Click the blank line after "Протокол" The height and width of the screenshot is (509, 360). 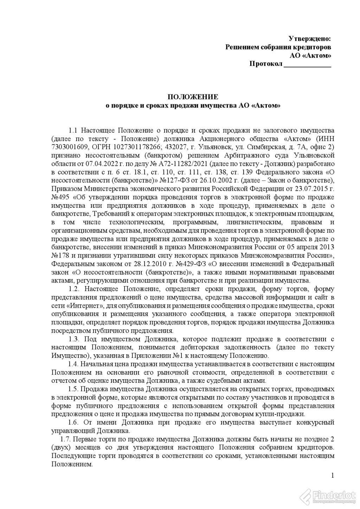tap(307, 64)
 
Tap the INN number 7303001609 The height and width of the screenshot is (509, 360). tap(67, 147)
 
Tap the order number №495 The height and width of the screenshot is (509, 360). tap(60, 197)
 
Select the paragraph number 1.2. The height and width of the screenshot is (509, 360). tap(75, 289)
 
